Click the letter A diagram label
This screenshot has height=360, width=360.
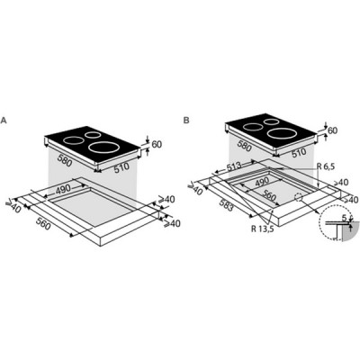(4, 121)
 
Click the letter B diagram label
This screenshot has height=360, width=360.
(186, 121)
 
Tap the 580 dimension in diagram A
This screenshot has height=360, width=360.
(63, 160)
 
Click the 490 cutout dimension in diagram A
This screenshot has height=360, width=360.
(63, 189)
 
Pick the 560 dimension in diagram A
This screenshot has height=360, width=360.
(43, 224)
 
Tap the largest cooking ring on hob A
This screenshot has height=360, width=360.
(103, 148)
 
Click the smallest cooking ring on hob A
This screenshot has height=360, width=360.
(92, 135)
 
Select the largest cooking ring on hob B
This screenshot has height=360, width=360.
(283, 133)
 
